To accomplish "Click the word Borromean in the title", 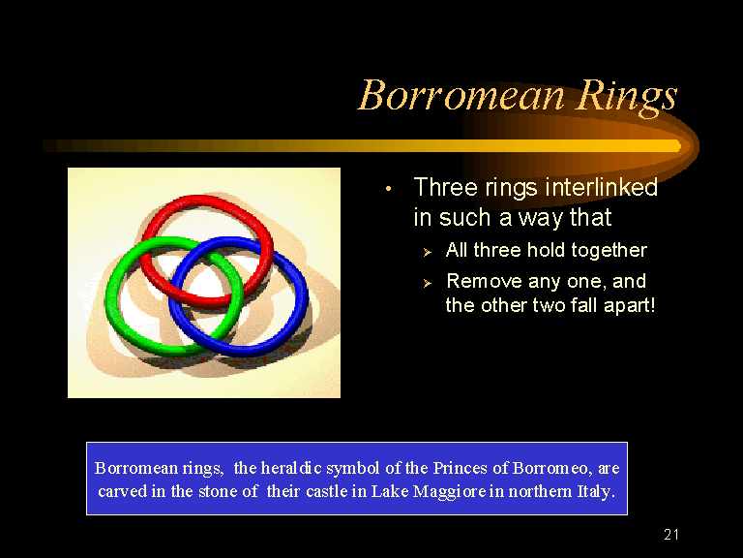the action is (x=461, y=95).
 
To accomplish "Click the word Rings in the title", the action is (x=627, y=97).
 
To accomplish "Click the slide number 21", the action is (x=671, y=535).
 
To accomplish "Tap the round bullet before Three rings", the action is (x=389, y=189).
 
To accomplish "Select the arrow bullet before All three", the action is (x=428, y=253).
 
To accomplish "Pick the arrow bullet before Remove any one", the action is (x=428, y=283).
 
